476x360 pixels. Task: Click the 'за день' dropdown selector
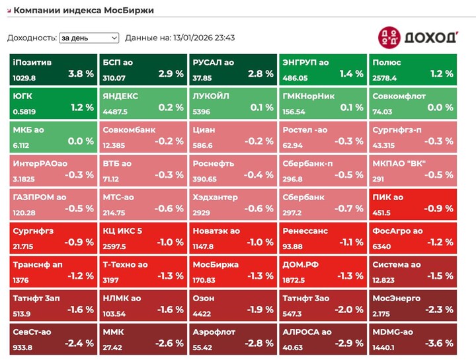pos(89,38)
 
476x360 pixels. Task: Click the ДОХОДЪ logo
pos(418,36)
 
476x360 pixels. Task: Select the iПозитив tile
pos(53,69)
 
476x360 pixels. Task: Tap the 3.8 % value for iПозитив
pos(81,74)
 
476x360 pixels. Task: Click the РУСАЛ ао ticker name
pos(213,63)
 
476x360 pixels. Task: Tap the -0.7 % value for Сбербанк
pos(350,208)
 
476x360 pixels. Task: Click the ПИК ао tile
pos(413,203)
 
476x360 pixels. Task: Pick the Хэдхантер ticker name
pos(216,197)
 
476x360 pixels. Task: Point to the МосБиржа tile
pos(233,270)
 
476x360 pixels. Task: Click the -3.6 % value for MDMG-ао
pos(440,343)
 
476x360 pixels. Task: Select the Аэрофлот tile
pos(233,338)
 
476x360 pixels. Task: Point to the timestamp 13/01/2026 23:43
pos(204,38)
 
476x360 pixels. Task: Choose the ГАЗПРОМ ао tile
pos(53,203)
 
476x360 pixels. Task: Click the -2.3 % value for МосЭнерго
pos(440,309)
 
